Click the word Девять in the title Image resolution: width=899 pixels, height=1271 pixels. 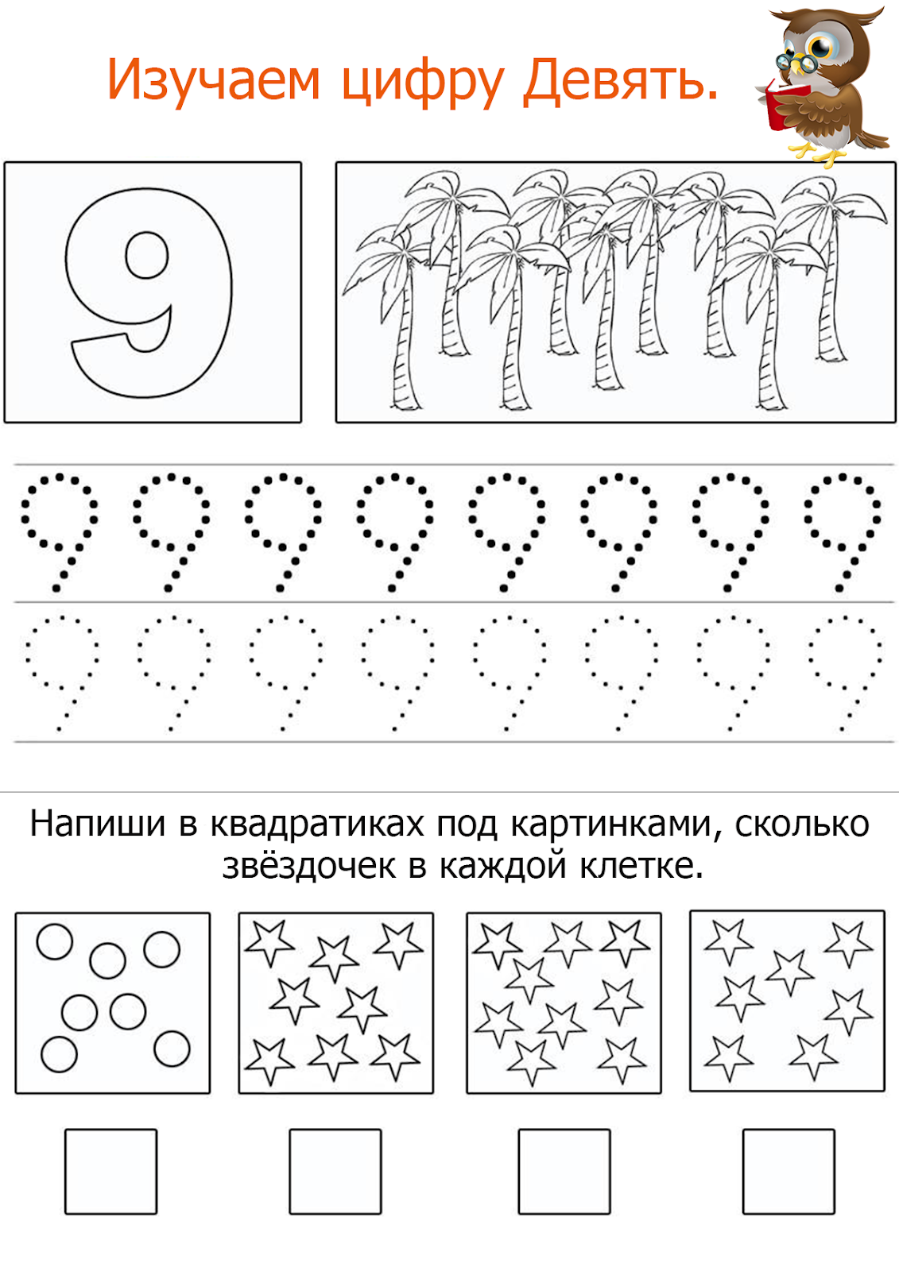pos(620,81)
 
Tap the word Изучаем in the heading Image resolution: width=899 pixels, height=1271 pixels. pos(213,81)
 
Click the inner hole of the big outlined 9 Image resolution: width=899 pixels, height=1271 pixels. pos(147,255)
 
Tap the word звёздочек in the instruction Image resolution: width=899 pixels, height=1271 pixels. pos(308,866)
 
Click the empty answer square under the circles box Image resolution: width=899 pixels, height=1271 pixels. pos(110,1171)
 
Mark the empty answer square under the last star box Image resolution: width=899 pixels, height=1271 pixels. pos(789,1171)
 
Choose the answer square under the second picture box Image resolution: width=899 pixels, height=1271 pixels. pos(335,1171)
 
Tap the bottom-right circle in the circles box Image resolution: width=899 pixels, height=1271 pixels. pos(172,1049)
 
